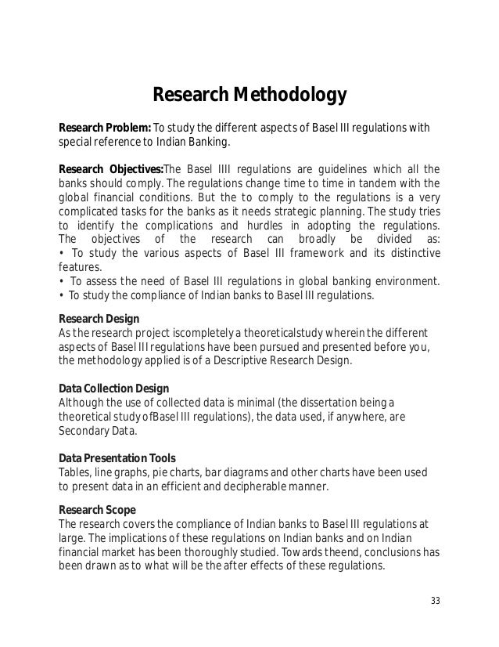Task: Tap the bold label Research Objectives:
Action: (x=110, y=168)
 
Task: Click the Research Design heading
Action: (x=99, y=319)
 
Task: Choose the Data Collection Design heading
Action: (x=114, y=389)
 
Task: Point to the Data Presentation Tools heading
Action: (x=117, y=458)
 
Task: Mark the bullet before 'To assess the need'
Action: (x=62, y=281)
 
